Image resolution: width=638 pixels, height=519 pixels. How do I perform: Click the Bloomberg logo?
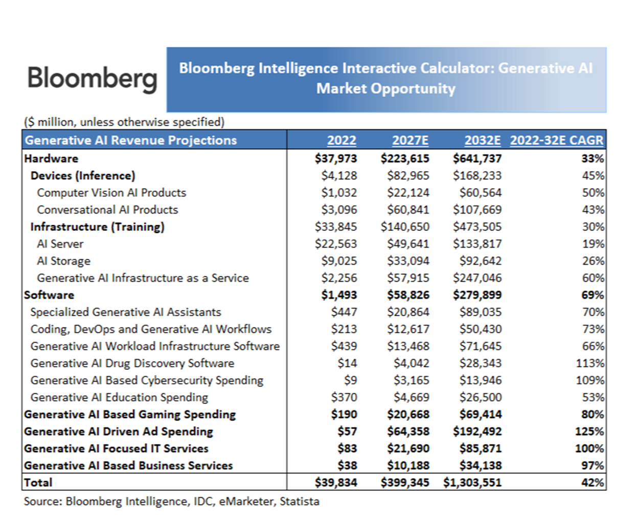click(92, 79)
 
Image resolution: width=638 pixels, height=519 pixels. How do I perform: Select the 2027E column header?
click(411, 140)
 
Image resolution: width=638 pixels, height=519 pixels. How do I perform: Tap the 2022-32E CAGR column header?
click(557, 140)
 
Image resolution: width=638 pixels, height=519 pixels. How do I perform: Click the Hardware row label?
click(51, 159)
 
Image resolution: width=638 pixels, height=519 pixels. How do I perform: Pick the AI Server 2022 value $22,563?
click(336, 244)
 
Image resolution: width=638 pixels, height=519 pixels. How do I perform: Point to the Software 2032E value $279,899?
click(477, 295)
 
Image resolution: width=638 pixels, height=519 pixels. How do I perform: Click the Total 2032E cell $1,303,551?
click(472, 483)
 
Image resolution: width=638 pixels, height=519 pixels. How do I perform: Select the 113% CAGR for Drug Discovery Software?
click(590, 363)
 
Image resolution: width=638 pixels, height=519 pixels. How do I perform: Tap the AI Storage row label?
click(63, 261)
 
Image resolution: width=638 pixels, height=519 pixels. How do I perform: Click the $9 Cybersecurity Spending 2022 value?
click(351, 381)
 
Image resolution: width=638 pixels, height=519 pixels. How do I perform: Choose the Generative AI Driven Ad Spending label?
click(119, 432)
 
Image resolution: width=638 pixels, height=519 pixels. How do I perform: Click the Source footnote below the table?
click(172, 501)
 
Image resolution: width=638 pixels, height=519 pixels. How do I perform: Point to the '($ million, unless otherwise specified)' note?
click(124, 122)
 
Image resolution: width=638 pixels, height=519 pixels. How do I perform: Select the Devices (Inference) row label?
click(83, 176)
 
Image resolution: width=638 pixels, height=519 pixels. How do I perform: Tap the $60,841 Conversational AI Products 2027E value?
click(408, 210)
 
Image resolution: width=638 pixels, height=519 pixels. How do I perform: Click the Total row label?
click(38, 483)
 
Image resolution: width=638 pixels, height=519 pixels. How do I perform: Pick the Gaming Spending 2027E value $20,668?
click(408, 415)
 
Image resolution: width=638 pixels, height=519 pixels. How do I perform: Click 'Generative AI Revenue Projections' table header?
click(131, 140)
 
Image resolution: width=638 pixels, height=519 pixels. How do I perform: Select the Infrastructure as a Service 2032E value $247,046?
click(477, 278)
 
